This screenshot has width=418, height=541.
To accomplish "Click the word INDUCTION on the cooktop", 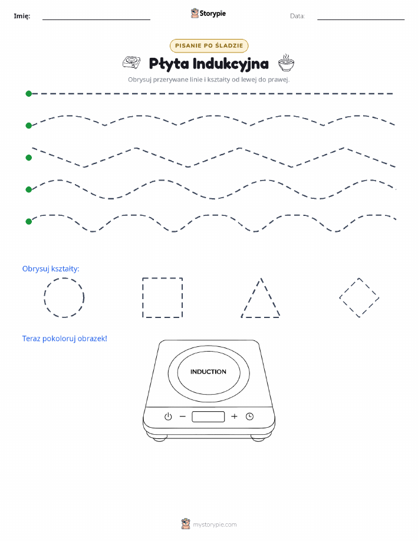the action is pyautogui.click(x=208, y=372).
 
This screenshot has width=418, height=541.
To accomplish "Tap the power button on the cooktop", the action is pyautogui.click(x=168, y=417).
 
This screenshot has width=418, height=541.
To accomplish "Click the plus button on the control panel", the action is pyautogui.click(x=234, y=417).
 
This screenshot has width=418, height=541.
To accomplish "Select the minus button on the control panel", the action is pyautogui.click(x=183, y=417).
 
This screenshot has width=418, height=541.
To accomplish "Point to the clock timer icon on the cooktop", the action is pyautogui.click(x=250, y=417).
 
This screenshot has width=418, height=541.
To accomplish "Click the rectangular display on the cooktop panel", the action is pyautogui.click(x=208, y=417).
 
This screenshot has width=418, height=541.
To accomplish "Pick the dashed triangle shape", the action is pyautogui.click(x=251, y=297).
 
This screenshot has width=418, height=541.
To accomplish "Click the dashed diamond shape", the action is pyautogui.click(x=349, y=288).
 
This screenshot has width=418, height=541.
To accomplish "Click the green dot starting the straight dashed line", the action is pyautogui.click(x=29, y=93).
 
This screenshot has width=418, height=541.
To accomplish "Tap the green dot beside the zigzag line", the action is pyautogui.click(x=29, y=158).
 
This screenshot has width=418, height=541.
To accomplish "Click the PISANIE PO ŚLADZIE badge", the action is pyautogui.click(x=209, y=45).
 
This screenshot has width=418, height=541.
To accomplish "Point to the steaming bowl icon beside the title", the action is pyautogui.click(x=287, y=63).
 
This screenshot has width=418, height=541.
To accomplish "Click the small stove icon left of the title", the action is pyautogui.click(x=131, y=63).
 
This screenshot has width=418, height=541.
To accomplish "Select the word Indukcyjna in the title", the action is pyautogui.click(x=231, y=64).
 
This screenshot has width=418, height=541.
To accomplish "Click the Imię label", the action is pyautogui.click(x=22, y=16).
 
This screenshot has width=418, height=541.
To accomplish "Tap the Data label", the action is pyautogui.click(x=297, y=16).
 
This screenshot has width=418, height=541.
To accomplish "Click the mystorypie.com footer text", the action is pyautogui.click(x=215, y=525).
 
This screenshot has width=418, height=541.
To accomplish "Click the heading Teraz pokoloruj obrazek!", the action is pyautogui.click(x=64, y=339).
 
